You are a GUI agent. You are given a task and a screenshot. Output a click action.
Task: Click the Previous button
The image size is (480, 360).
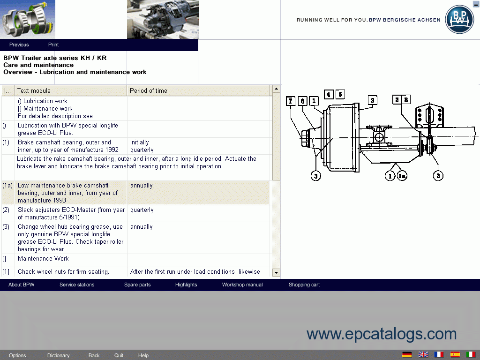coord(19,45)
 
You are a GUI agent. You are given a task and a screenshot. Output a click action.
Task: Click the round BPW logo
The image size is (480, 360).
coord(459,19)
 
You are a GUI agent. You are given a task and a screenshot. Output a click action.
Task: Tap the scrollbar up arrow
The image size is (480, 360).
coord(276,89)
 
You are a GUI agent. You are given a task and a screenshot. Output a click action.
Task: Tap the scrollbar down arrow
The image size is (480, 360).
coord(276,272)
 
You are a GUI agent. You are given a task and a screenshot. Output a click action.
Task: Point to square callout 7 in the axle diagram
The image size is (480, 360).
coord(291,101)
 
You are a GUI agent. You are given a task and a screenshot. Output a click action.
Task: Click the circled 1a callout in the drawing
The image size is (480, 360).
coord(402,176)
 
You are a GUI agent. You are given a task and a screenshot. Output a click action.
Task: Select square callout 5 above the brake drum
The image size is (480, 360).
coord(340,94)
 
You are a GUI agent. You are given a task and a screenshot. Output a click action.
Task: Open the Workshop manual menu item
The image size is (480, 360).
coord(242,285)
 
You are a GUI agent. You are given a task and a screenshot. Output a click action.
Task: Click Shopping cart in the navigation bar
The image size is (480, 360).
coord(304,285)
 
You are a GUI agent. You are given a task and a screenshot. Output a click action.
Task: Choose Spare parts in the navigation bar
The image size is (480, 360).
coord(137,285)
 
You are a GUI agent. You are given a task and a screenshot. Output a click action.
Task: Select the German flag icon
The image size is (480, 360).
coord(407,354)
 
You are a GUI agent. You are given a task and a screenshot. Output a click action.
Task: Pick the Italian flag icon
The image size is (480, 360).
coord(471,354)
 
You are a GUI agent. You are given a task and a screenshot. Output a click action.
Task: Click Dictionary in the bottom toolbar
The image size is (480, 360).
coord(58,355)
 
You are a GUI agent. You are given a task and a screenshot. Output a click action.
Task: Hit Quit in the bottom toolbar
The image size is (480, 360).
coord(119,355)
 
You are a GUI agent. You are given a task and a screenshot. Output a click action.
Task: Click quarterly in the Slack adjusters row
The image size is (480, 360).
coord(142,210)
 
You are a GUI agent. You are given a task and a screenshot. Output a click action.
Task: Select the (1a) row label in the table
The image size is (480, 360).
coord(7,186)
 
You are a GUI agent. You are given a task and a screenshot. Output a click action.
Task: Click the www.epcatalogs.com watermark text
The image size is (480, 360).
coord(382,334)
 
